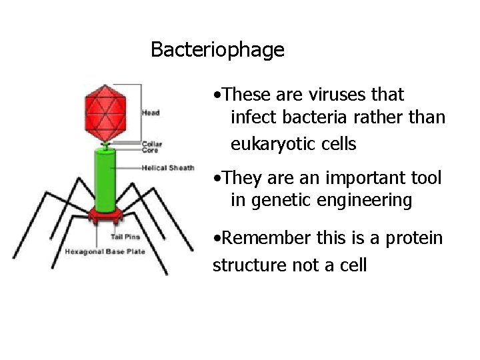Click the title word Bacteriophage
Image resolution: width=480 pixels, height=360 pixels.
(x=217, y=50)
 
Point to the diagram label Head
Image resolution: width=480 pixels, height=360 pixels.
(x=151, y=113)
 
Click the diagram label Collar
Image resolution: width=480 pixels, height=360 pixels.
(x=151, y=143)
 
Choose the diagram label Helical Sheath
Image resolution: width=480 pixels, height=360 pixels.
(x=167, y=167)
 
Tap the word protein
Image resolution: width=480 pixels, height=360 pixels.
(x=417, y=238)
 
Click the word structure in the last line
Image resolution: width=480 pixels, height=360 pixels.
(x=249, y=265)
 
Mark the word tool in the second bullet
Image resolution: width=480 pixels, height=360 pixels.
(x=426, y=178)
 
